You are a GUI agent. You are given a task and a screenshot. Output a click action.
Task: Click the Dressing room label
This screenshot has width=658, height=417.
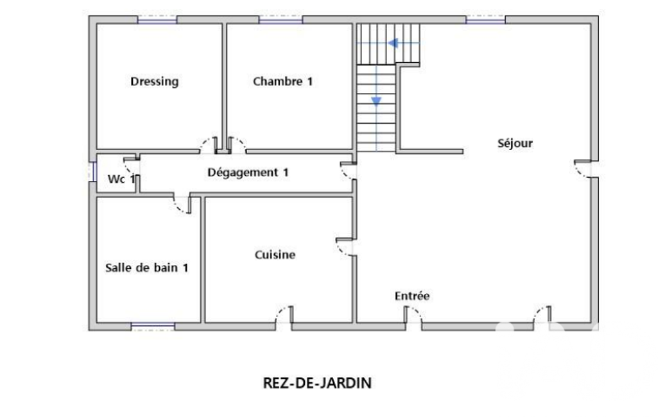click(x=155, y=81)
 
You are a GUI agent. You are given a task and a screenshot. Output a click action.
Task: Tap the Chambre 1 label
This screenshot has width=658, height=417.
click(x=283, y=81)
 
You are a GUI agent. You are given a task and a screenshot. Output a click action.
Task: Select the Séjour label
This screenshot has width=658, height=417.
click(x=515, y=144)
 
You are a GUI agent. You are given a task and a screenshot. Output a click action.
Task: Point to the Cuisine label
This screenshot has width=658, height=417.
click(x=275, y=255)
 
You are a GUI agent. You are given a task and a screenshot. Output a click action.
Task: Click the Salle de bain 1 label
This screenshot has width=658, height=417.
click(x=146, y=268)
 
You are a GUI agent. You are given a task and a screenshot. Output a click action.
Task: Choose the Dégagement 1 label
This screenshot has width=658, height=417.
click(x=248, y=173)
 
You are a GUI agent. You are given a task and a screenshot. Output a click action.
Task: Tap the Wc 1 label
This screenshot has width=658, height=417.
click(x=121, y=179)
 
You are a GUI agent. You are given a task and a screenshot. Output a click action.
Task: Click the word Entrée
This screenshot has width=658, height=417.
click(x=412, y=296)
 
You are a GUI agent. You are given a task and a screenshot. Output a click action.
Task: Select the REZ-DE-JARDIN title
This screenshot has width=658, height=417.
click(x=317, y=383)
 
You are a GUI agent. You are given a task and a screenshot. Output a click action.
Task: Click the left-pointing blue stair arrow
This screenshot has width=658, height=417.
click(x=394, y=43)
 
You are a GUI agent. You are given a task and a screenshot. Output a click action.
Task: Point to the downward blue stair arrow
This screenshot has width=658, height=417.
click(x=376, y=101)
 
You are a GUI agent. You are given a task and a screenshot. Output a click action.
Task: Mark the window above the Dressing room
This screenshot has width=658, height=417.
click(x=157, y=20)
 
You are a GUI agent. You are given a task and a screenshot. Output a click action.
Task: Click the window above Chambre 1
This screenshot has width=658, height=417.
click(x=281, y=20)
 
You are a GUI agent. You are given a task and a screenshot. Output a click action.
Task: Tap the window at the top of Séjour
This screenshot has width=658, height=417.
click(x=485, y=20)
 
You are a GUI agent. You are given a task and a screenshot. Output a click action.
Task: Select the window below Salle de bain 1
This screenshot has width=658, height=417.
click(x=153, y=327)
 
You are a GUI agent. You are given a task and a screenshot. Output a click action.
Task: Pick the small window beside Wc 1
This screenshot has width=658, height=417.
click(x=93, y=172)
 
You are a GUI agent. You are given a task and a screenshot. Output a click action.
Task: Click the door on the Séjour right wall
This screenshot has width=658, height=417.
click(x=584, y=168)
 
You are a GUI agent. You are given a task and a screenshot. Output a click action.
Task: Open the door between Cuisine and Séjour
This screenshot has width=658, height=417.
click(x=346, y=247)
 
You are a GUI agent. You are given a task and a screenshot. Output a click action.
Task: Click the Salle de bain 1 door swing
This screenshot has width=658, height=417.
click(x=183, y=205)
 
